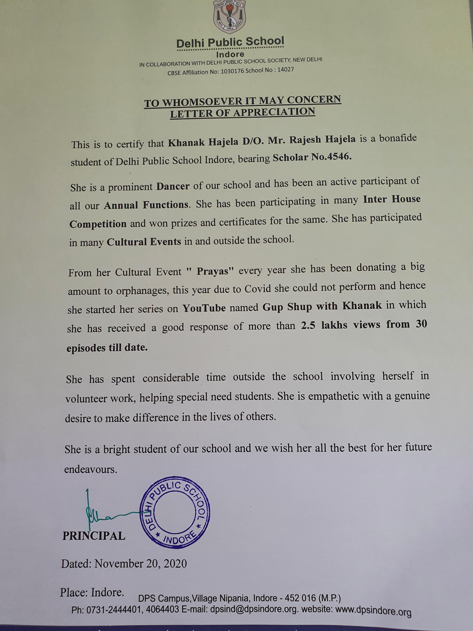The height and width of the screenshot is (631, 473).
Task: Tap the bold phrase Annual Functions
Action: click(x=146, y=205)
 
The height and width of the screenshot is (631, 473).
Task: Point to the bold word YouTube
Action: click(x=204, y=308)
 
